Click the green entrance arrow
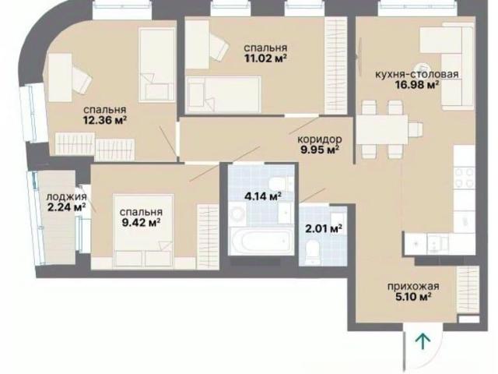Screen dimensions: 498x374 click(x=423, y=341)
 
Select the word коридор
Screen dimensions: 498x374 click(x=320, y=139)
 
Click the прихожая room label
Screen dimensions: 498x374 click(x=413, y=286)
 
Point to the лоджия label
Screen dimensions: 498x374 click(x=66, y=197)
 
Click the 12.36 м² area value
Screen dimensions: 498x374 click(x=105, y=120)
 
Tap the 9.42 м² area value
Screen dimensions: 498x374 click(x=141, y=223)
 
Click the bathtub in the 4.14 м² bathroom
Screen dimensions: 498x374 click(x=261, y=241)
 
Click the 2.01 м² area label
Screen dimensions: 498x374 click(x=324, y=228)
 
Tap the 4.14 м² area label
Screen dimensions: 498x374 click(x=263, y=196)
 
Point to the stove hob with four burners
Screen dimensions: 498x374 click(x=465, y=178)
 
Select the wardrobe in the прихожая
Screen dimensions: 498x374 click(x=468, y=289)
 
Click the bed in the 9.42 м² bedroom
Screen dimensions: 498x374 click(x=143, y=230)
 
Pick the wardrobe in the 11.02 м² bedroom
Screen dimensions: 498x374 click(x=335, y=65)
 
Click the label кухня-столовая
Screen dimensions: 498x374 click(x=417, y=75)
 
